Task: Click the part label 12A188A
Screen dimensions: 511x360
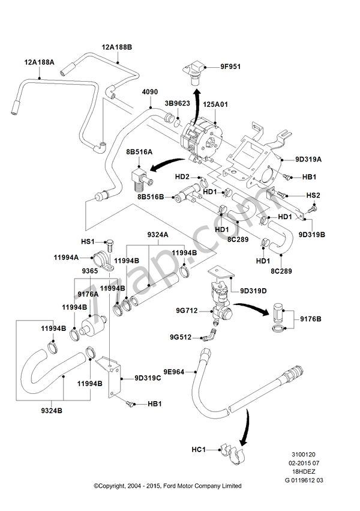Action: pos(39,62)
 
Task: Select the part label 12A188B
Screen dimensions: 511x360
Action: pos(116,46)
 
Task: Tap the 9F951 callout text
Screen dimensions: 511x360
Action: pos(230,67)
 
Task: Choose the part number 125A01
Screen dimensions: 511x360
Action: pos(215,104)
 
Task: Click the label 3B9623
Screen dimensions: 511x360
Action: pos(177,103)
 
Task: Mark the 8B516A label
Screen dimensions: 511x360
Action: pos(139,153)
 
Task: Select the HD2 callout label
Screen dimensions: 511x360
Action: pos(182,177)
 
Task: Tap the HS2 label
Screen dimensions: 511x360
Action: pos(313,196)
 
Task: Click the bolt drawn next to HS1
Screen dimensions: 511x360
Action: pos(109,244)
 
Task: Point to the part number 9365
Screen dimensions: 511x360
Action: pos(90,271)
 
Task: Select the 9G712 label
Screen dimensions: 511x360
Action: pos(186,310)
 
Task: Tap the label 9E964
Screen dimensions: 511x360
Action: pos(175,372)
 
